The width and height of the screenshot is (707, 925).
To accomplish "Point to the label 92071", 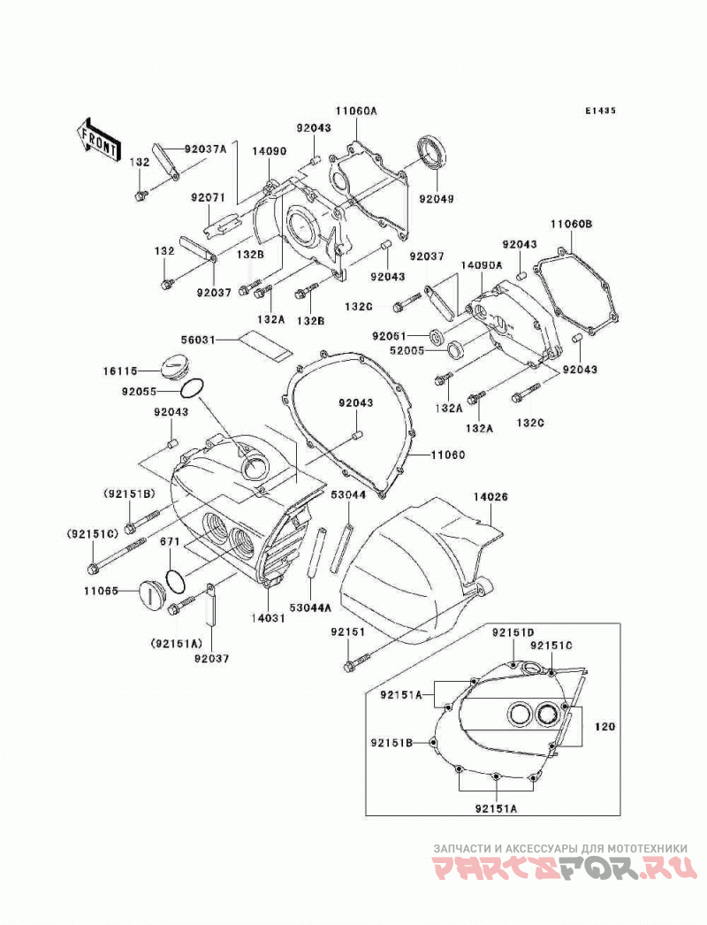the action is (x=208, y=197).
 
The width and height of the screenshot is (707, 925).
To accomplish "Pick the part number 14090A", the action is (x=482, y=265).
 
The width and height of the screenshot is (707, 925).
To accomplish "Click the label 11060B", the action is (x=572, y=224).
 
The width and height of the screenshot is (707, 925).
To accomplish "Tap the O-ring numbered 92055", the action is (x=192, y=388).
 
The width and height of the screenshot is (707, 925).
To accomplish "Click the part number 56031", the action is (x=198, y=340).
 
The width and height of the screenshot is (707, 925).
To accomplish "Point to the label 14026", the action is (x=490, y=497).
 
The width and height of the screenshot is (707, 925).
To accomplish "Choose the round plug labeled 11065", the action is (x=152, y=592).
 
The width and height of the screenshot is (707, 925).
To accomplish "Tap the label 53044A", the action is (x=311, y=607).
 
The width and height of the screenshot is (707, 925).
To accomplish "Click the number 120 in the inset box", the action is (x=605, y=727).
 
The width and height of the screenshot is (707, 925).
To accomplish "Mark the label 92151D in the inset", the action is (x=513, y=633).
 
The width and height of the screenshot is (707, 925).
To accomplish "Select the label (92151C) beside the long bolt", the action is (x=93, y=534).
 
